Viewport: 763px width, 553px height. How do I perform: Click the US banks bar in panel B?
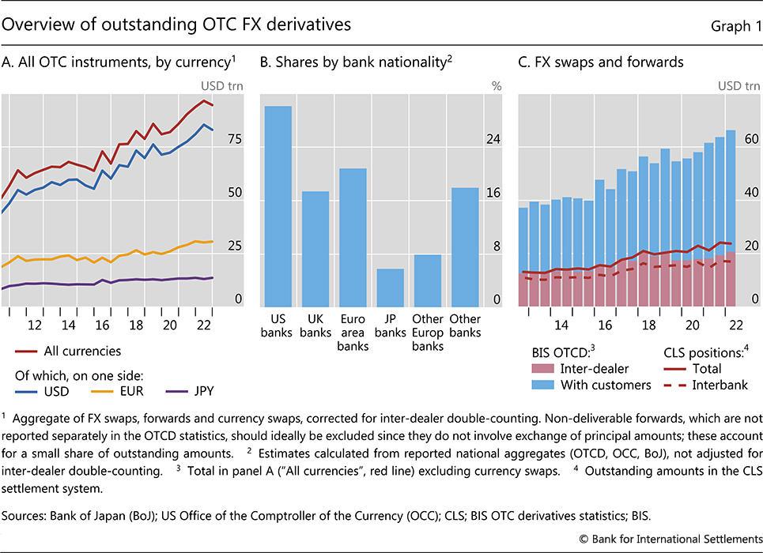[278, 206]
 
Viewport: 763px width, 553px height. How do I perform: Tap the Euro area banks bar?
[353, 237]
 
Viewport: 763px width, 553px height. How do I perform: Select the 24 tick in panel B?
[493, 139]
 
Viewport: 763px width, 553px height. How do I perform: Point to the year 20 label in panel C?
[692, 325]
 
